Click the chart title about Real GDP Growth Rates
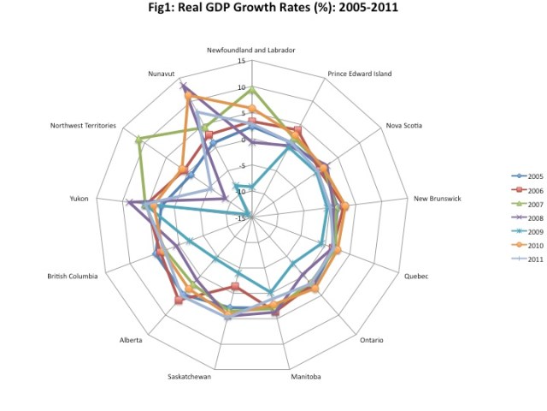point(274,11)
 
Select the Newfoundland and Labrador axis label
point(251,50)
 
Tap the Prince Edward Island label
point(359,74)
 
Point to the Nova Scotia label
point(405,126)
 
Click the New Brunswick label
point(438,199)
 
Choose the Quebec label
point(415,276)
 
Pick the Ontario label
point(371,340)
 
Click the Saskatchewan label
point(190,376)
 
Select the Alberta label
point(132,340)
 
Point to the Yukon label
point(79,199)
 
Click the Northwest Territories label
point(84,126)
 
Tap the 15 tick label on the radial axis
point(242,62)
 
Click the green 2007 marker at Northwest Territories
point(139,140)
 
